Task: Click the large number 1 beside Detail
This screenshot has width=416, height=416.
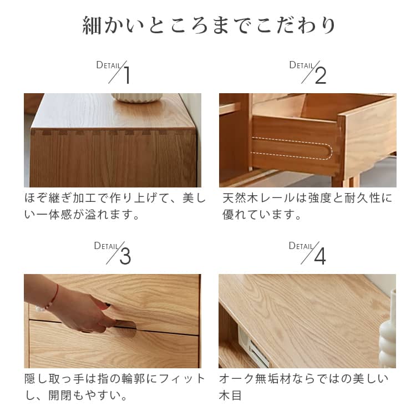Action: click(x=127, y=75)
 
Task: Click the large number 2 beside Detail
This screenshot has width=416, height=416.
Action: click(x=321, y=75)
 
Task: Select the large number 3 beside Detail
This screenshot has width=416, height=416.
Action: click(x=125, y=256)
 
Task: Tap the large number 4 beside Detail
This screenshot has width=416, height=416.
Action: click(x=320, y=256)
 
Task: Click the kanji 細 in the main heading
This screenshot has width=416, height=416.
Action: click(x=92, y=26)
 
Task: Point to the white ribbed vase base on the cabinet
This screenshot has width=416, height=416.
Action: click(x=136, y=98)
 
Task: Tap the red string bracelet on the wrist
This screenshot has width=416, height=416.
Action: click(x=55, y=295)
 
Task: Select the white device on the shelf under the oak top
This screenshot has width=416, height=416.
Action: click(x=252, y=346)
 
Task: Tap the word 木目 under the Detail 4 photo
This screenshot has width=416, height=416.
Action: click(x=230, y=395)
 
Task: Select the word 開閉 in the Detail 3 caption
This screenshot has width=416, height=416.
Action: click(x=60, y=395)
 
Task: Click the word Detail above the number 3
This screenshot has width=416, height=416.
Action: click(x=106, y=246)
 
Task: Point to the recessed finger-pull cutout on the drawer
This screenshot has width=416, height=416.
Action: click(x=125, y=328)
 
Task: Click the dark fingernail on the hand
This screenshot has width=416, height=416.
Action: click(x=107, y=305)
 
